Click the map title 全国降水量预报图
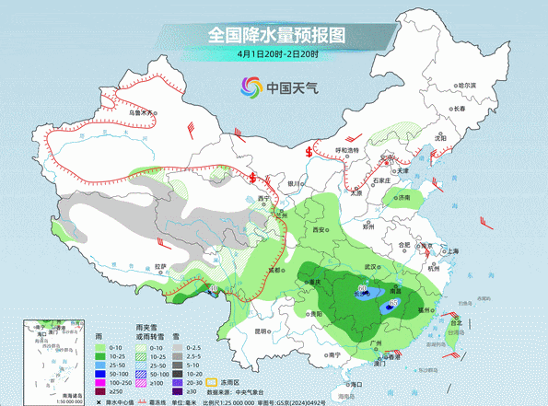point(276,35)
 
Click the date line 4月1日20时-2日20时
point(277,54)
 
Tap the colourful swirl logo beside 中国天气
point(251,87)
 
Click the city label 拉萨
point(161,266)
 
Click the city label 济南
point(402,197)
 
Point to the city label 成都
point(274,270)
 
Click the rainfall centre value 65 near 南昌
point(393,302)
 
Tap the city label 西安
point(320,228)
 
